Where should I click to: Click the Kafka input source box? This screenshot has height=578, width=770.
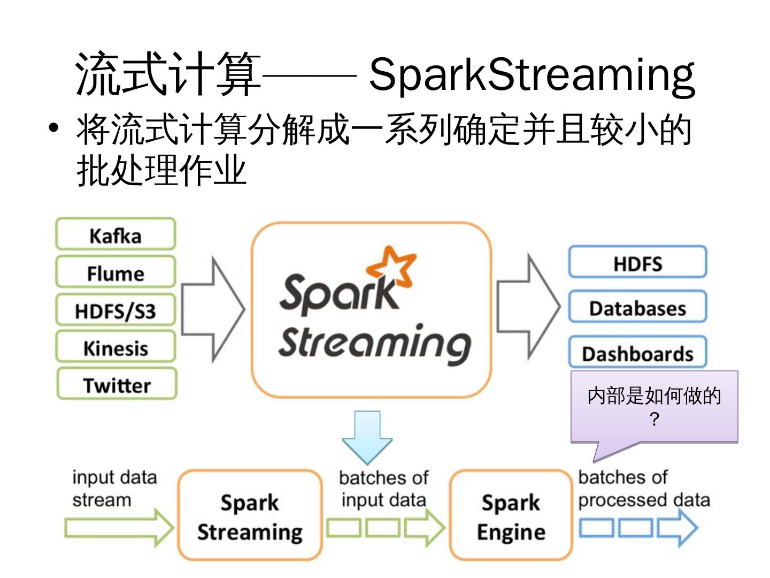tap(115, 234)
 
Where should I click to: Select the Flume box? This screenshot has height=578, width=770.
tap(115, 272)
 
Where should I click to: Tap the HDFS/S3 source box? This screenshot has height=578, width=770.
tap(115, 309)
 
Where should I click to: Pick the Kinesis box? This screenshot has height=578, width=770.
tap(115, 346)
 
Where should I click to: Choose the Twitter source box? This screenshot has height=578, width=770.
tap(117, 383)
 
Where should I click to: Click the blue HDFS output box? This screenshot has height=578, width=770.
tap(637, 262)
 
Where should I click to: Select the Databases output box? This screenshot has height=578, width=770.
tap(637, 306)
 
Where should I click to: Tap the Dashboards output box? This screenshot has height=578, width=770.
tap(637, 352)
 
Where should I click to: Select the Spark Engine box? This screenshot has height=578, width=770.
tap(511, 515)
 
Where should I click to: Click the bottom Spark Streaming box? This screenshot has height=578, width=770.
tap(250, 515)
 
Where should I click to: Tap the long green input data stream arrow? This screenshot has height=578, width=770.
tap(119, 528)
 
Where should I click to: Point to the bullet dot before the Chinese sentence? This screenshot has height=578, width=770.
tap(53, 128)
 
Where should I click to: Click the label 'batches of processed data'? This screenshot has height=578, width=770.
tap(644, 489)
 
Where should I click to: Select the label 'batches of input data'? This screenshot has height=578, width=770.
tap(384, 489)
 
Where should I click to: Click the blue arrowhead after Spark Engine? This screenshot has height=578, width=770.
tap(677, 528)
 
